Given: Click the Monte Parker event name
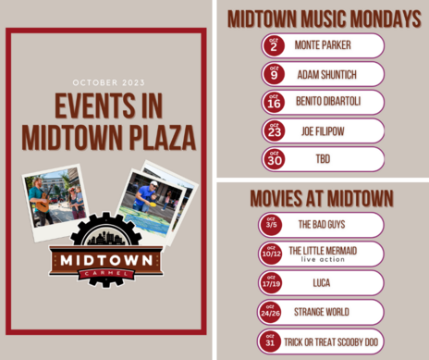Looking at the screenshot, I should click(x=322, y=44).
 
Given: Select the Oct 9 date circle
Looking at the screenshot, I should click(x=274, y=74).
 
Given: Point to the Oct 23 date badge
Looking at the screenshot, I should click(x=274, y=130).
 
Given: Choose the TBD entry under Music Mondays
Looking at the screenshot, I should click(x=322, y=159).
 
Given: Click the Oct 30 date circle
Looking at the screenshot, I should click(x=274, y=159).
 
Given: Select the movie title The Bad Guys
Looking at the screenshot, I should click(x=322, y=224).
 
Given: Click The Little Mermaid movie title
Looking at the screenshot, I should click(x=322, y=250).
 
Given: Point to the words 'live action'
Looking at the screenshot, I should click(x=322, y=260).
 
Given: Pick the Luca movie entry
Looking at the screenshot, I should click(x=322, y=282).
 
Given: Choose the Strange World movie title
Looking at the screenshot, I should click(x=322, y=312).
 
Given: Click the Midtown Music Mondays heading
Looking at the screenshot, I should click(x=323, y=18).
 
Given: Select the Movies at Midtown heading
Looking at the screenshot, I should click(x=322, y=198).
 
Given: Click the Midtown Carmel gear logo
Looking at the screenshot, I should click(x=106, y=251).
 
